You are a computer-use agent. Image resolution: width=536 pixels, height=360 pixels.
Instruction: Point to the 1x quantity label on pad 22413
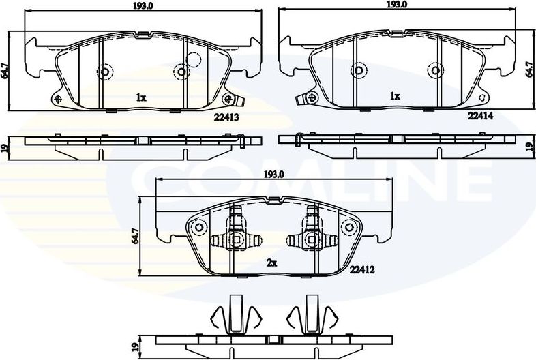pos(140,98)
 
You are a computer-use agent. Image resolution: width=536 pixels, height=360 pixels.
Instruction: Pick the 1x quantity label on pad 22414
pos(394,97)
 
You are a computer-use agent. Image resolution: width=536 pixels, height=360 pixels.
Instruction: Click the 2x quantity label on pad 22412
pos(272,262)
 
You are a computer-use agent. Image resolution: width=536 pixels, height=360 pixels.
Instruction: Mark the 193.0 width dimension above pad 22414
pos(397,5)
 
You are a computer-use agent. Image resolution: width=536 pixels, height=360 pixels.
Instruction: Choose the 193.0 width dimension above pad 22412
pos(273,175)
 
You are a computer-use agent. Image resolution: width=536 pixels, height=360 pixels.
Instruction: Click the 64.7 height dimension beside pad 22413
pos(5,71)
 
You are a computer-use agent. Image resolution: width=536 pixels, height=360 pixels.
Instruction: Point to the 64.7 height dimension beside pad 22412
pos(136,237)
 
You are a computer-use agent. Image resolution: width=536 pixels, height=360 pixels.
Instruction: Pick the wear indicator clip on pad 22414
pos(303,98)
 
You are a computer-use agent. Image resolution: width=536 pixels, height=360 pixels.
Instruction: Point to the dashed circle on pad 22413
pos(195,59)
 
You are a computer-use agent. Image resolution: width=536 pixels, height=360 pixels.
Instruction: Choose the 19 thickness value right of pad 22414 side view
pos(528,146)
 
